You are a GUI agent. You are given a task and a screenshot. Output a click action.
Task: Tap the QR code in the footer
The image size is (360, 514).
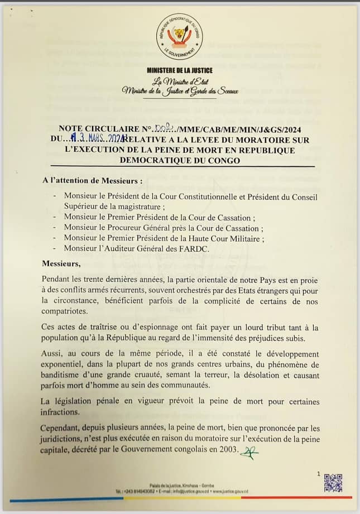tap(333, 483)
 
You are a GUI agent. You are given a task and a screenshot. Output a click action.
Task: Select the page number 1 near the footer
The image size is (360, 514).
tap(319, 473)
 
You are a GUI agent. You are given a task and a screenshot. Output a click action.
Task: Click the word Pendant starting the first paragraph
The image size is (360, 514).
tap(59, 278)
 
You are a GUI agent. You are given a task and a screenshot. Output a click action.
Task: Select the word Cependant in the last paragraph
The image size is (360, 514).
tap(62, 429)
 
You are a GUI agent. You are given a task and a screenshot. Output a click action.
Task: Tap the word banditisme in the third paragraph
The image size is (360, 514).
tap(65, 375)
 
